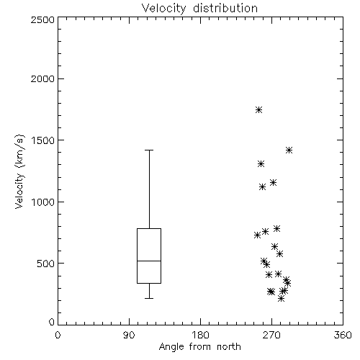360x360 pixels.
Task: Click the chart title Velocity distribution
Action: tap(199, 8)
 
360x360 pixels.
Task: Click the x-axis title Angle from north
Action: tap(199, 346)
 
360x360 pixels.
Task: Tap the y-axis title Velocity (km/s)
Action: tap(19, 171)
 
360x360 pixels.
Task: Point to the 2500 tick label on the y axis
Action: tap(42, 19)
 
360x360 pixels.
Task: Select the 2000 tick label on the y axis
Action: tap(42, 78)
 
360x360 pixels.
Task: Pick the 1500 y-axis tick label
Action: tap(43, 140)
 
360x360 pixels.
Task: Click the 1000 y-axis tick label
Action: tap(43, 202)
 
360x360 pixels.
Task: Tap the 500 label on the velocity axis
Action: tap(46, 264)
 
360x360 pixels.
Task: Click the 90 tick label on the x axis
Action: tap(129, 335)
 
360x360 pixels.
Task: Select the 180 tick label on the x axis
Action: tap(200, 335)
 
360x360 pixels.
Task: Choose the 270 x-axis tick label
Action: tap(271, 335)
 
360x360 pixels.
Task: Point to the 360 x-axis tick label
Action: tap(343, 335)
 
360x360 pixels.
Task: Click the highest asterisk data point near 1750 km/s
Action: tap(258, 110)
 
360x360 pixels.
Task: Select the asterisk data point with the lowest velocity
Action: tap(281, 299)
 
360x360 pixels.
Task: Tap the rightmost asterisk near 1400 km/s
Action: tap(289, 150)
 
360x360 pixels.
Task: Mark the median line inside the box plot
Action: tap(149, 261)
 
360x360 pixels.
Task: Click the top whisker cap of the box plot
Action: tap(149, 150)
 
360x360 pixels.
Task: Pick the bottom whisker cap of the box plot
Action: tap(149, 298)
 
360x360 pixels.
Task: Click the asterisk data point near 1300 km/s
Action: tap(261, 164)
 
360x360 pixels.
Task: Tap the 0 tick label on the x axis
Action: tap(58, 335)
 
